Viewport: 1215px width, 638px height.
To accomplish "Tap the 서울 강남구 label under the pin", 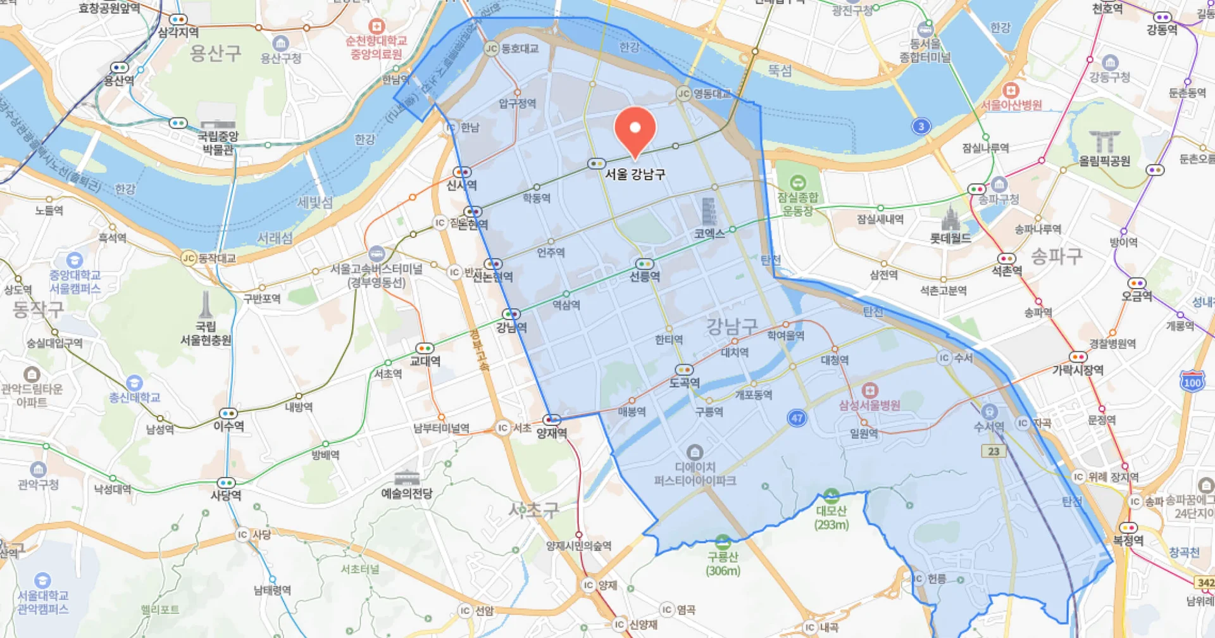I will (x=635, y=174).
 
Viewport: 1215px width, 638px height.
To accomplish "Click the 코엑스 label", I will (x=709, y=234).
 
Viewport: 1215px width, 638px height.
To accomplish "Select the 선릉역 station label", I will (x=644, y=277).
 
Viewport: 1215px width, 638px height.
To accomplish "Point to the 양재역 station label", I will (x=551, y=433).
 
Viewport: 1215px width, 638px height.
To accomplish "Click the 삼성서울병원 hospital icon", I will (x=870, y=390).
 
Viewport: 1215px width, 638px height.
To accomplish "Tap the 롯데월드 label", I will (x=950, y=239).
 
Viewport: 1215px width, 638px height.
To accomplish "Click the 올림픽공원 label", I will (x=1104, y=161).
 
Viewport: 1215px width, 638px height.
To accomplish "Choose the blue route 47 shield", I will (x=797, y=418).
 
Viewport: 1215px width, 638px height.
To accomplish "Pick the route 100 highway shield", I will (x=1192, y=382).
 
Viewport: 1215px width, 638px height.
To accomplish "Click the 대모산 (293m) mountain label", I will (x=832, y=517).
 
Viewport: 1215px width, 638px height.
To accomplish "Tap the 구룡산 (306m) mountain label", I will (x=723, y=563).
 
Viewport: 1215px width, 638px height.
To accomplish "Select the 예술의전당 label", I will (x=406, y=494).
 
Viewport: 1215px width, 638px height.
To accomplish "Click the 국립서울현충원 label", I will (x=206, y=334).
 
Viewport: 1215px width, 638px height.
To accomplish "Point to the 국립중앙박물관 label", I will (x=218, y=142).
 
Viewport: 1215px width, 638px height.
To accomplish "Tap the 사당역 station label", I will (x=226, y=495).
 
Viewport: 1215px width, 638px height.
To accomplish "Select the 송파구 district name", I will (x=1056, y=256).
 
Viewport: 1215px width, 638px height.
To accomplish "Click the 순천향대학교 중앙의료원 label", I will (x=376, y=47).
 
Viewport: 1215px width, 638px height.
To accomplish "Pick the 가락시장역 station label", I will (x=1078, y=370).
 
